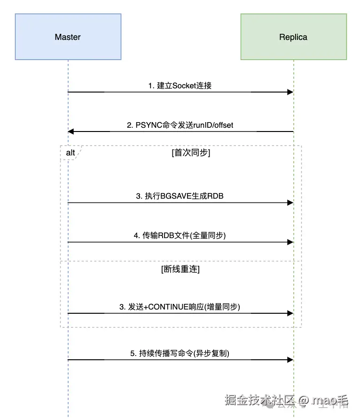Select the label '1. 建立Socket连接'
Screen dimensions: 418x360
pyautogui.click(x=180, y=85)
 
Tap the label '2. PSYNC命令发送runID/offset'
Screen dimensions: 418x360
pyautogui.click(x=180, y=125)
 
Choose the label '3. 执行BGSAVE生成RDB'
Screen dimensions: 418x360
pyautogui.click(x=180, y=196)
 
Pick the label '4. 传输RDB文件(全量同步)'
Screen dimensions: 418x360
pyautogui.click(x=180, y=235)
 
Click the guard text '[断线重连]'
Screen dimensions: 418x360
pyautogui.click(x=180, y=269)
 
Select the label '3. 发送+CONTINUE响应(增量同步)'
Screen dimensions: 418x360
pyautogui.click(x=180, y=306)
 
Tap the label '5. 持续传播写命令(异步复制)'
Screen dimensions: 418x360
pyautogui.click(x=180, y=353)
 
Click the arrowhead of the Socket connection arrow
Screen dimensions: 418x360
pyautogui.click(x=290, y=92)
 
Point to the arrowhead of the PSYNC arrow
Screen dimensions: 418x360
pyautogui.click(x=71, y=132)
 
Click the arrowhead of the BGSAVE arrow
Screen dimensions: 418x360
pyautogui.click(x=290, y=203)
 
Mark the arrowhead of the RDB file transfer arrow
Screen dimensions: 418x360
pyautogui.click(x=290, y=242)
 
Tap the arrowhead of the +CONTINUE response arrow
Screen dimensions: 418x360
pyautogui.click(x=290, y=313)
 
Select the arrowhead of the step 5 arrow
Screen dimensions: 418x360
pyautogui.click(x=290, y=360)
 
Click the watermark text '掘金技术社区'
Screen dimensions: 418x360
pyautogui.click(x=259, y=400)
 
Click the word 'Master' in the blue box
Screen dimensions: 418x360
pyautogui.click(x=68, y=37)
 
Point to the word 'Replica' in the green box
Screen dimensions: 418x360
pyautogui.click(x=293, y=37)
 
